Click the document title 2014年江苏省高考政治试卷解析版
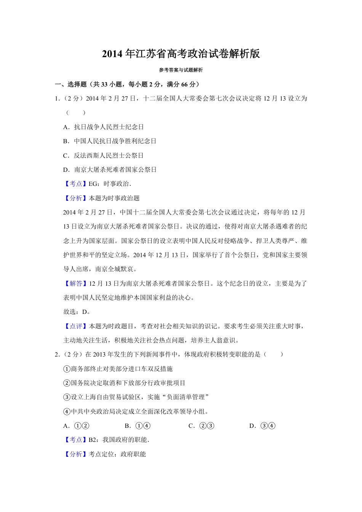[181, 54]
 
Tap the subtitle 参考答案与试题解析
[181, 70]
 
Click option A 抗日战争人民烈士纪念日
[104, 127]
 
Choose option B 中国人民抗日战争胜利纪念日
[110, 141]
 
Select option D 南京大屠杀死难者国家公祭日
[110, 170]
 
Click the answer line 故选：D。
[77, 312]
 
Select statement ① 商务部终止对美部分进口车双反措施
[118, 369]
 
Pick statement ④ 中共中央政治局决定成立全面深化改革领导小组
[136, 411]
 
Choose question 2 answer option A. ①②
[76, 426]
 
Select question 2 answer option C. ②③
[202, 426]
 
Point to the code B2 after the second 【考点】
[93, 440]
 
